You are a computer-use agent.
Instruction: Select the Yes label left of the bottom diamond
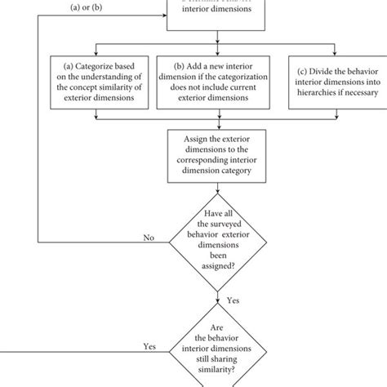pyautogui.click(x=150, y=347)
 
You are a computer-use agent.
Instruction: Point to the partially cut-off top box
pyautogui.click(x=217, y=13)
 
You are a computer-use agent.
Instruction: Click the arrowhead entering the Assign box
pyautogui.click(x=217, y=127)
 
